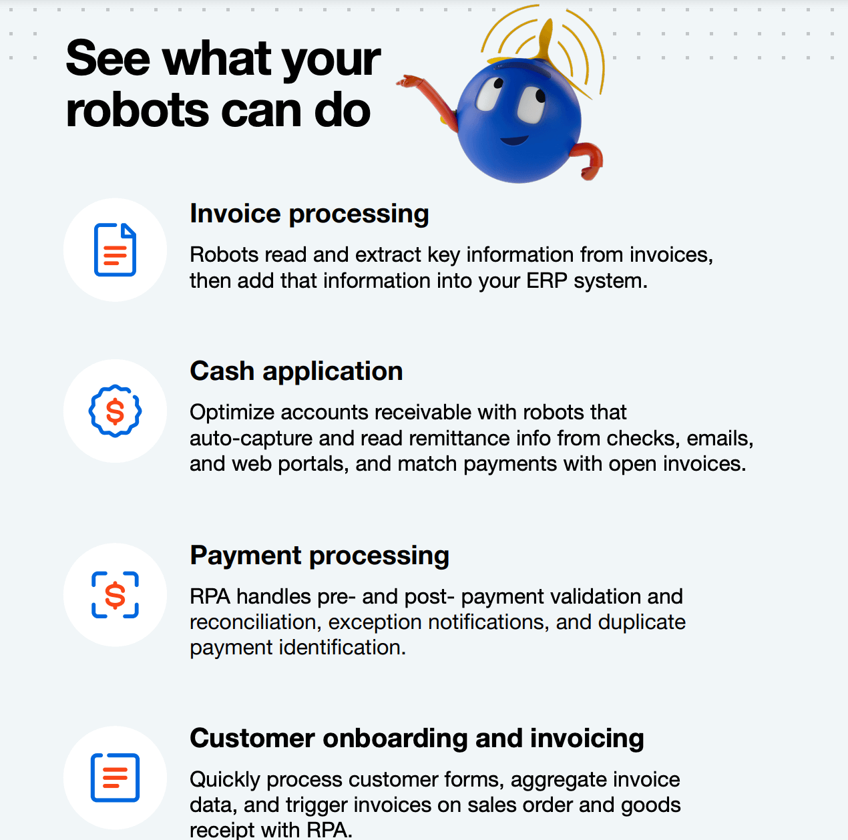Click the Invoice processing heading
309,214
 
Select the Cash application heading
296,371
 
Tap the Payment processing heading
319,556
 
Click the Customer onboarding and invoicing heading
417,739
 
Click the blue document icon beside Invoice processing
115,250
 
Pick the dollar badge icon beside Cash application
115,411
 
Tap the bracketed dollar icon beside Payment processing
115,595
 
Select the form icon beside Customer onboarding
115,778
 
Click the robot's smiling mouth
514,141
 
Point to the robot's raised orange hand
409,81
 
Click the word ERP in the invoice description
547,281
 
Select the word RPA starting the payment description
210,596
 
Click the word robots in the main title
138,110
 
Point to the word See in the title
108,59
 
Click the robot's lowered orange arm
589,161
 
